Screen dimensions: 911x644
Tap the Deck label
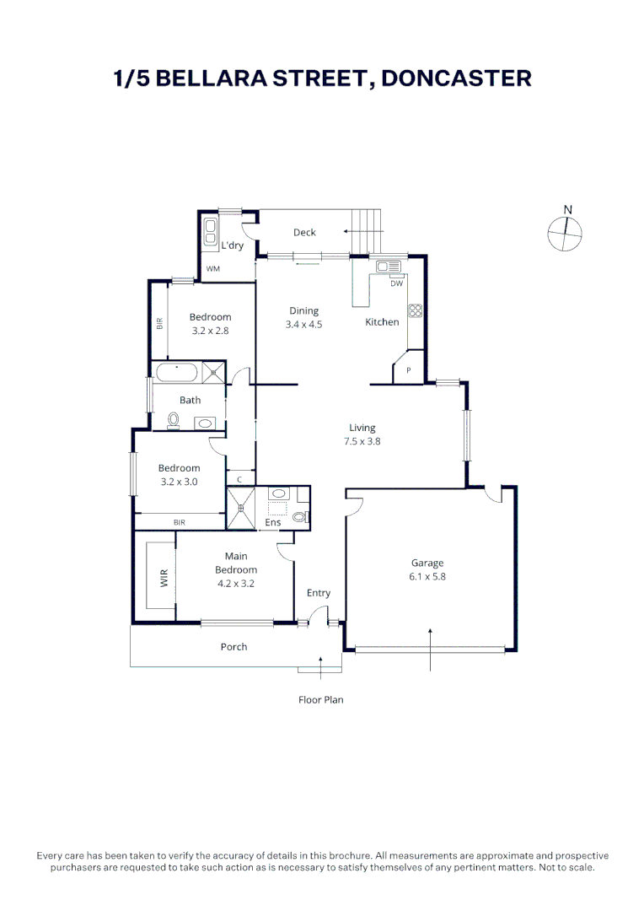tap(304, 233)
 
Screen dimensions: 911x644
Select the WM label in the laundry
tap(213, 269)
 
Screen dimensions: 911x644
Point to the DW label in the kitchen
tap(396, 283)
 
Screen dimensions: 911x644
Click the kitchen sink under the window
tap(389, 267)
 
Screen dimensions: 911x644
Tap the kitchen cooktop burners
tap(415, 310)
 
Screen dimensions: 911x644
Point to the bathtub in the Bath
tap(176, 371)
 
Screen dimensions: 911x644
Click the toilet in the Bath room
tap(174, 419)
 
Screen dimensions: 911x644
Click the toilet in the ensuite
tap(300, 517)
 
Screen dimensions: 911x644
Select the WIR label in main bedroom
tap(164, 578)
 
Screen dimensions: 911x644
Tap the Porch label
tap(233, 647)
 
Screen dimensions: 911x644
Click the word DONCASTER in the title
tap(456, 78)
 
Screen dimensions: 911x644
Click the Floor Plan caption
tap(321, 699)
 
